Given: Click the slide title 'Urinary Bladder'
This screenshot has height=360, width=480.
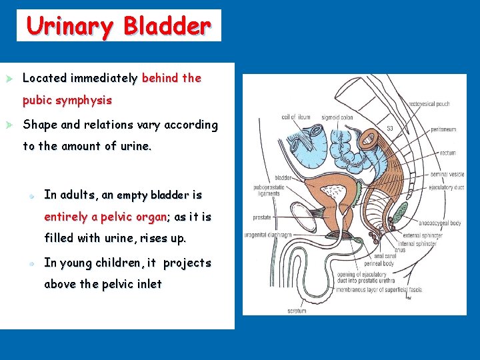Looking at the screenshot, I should click(x=119, y=26).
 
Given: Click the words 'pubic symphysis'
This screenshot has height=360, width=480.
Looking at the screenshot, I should click(x=67, y=101).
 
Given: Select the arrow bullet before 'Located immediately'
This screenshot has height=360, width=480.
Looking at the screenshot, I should click(x=9, y=78).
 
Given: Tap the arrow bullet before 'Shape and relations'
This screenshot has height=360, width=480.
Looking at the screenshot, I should click(x=9, y=125).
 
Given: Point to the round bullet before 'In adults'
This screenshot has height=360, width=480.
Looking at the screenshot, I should click(x=31, y=195).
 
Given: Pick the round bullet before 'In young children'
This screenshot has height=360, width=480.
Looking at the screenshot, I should click(x=31, y=263).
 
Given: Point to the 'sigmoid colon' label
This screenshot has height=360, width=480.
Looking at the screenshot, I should click(x=337, y=117).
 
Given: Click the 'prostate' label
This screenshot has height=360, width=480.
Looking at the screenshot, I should click(x=263, y=217).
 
